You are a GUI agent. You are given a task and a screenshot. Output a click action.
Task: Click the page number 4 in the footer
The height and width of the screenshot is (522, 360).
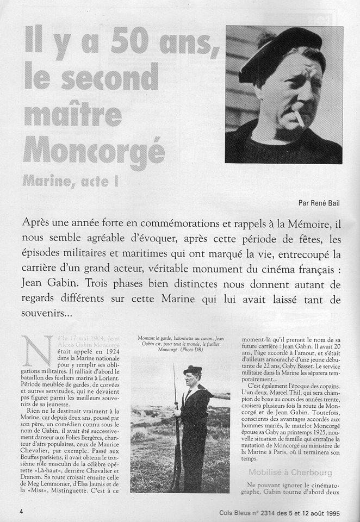(x=21, y=512)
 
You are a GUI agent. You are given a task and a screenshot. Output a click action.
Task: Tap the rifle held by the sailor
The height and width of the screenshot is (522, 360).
(x=175, y=424)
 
